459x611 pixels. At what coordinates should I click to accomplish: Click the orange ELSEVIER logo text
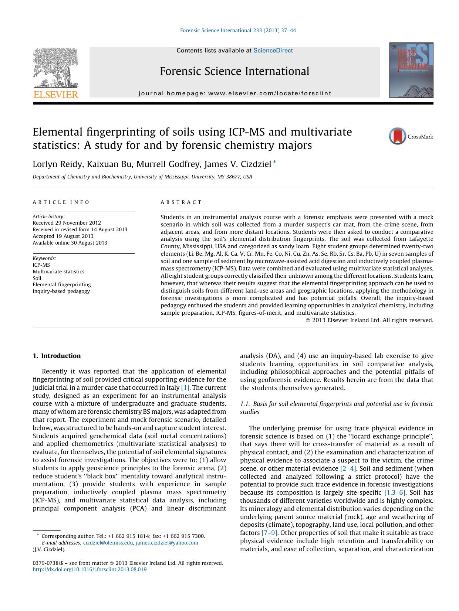coord(56,95)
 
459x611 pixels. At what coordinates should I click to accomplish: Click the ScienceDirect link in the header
coord(273,51)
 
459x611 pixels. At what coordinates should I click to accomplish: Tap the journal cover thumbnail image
coord(411,70)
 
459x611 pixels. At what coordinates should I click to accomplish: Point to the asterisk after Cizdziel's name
coord(274,163)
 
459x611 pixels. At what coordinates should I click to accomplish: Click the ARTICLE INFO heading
coord(61,202)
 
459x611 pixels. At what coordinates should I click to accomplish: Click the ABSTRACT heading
coord(181,202)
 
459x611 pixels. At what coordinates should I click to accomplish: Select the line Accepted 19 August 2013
coord(63,236)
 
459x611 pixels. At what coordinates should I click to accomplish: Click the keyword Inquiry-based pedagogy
coord(61,291)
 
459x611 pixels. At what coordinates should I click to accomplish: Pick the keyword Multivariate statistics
coord(58,272)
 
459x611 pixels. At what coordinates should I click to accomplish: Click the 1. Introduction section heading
coord(57,356)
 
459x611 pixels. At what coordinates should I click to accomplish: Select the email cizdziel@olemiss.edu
coord(108,543)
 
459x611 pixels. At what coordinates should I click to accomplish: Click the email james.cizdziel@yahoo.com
coord(167,543)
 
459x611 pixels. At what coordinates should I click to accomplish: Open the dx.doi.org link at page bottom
coord(90,569)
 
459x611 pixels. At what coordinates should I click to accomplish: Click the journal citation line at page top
coord(238,30)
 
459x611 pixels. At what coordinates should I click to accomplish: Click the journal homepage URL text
coord(270,93)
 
